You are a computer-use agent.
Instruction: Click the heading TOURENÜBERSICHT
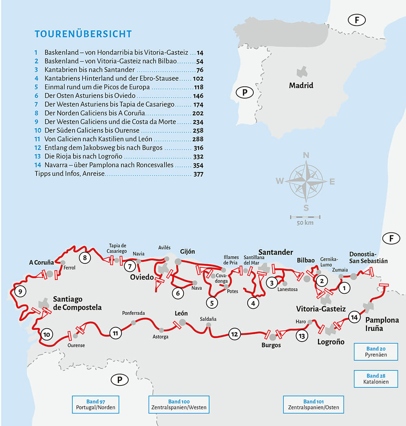83,34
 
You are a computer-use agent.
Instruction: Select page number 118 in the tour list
198,87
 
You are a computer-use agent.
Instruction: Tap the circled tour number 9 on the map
19,291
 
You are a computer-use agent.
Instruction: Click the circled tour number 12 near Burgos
234,334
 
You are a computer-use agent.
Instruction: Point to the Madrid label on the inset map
301,86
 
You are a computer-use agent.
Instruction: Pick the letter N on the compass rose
306,155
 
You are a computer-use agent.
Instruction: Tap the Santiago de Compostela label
77,303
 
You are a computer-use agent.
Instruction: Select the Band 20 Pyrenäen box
376,351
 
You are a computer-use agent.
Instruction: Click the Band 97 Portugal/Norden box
96,404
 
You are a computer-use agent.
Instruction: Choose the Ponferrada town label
133,313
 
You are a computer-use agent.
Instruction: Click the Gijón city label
187,252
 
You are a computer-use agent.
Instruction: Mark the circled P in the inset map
244,93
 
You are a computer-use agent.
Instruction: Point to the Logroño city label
330,342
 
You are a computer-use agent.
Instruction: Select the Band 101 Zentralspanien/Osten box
313,404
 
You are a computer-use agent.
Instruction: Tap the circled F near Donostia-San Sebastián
391,239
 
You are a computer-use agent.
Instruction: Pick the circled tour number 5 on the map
212,302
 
